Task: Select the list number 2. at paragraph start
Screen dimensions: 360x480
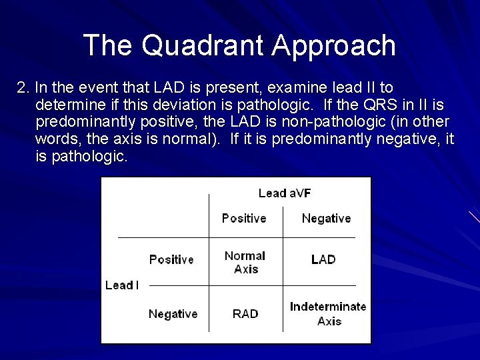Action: point(24,88)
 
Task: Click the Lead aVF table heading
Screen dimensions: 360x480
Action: point(285,193)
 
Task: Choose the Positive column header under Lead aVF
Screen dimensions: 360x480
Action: point(244,218)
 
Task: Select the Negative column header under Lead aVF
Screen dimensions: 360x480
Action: point(326,218)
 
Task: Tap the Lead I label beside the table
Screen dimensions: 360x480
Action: point(122,285)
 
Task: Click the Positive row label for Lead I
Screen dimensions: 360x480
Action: point(171,259)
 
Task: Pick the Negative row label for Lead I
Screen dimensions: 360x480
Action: point(173,313)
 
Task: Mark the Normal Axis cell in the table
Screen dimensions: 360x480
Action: point(245,262)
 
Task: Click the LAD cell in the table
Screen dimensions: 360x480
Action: point(323,259)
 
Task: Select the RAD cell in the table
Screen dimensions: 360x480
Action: point(245,313)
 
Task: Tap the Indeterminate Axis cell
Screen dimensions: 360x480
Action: point(328,313)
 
